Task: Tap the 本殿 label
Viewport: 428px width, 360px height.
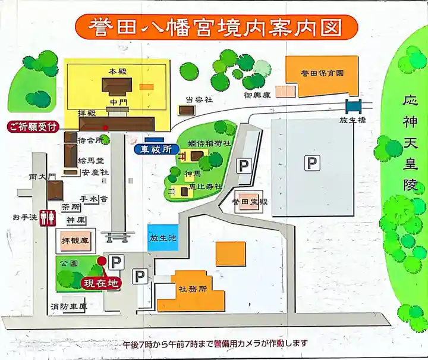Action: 114,71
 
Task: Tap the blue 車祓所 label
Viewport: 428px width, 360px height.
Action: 156,149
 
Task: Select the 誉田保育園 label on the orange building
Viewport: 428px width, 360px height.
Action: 322,73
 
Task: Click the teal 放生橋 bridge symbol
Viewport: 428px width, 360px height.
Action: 354,107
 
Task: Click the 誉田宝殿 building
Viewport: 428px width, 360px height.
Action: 250,202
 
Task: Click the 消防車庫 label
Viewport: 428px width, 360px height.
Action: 68,307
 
